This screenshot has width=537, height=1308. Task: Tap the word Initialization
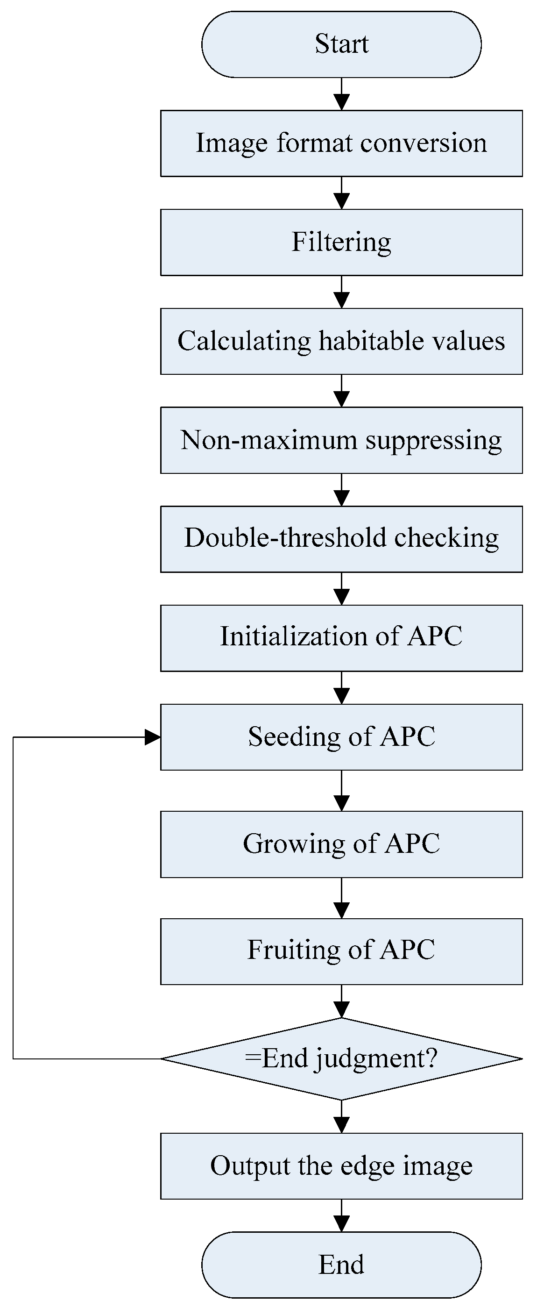point(294,636)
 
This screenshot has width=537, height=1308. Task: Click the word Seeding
point(294,736)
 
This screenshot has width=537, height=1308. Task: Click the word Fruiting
point(293,950)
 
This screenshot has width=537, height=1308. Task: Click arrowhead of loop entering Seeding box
point(152,737)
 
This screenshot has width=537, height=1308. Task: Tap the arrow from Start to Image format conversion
point(342,95)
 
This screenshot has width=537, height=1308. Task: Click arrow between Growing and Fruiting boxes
point(342,899)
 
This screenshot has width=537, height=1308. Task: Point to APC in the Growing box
point(412,844)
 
